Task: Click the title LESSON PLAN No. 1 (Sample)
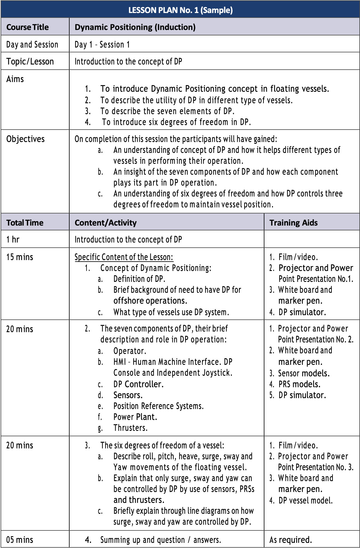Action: [180, 10]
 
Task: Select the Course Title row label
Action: [28, 27]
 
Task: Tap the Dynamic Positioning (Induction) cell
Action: [135, 27]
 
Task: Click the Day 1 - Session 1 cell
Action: [102, 45]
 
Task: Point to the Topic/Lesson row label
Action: [30, 61]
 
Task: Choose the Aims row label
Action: [15, 79]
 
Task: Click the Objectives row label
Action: [25, 139]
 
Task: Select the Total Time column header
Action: [25, 223]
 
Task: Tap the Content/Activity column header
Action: [106, 223]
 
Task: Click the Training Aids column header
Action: [293, 223]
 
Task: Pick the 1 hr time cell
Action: [13, 239]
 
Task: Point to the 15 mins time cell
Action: [20, 257]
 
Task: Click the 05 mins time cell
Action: [20, 540]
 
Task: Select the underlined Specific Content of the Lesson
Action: [124, 257]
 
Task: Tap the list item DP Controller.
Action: [138, 384]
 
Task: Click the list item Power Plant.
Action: [135, 417]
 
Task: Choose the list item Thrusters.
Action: [130, 428]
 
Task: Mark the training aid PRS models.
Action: [299, 384]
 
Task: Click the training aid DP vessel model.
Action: [305, 500]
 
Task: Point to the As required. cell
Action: [290, 540]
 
